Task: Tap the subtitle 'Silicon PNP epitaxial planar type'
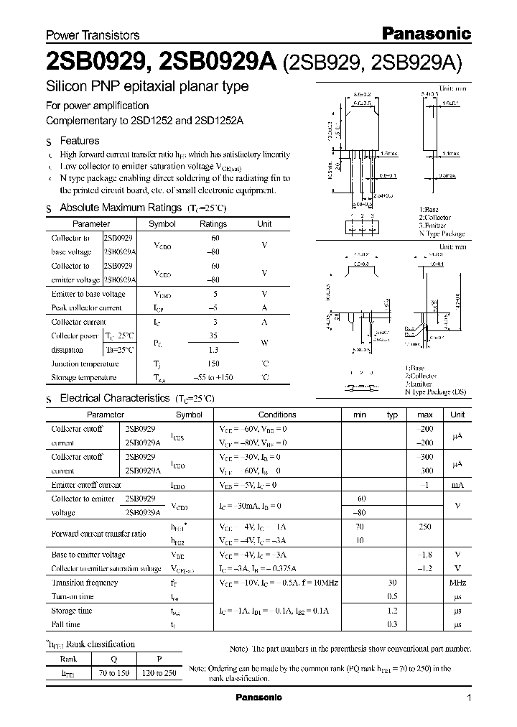tap(147, 87)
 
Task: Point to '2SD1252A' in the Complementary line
tap(219, 121)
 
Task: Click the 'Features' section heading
tap(79, 141)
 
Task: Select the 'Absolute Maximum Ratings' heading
tap(120, 208)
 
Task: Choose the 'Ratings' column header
tap(213, 224)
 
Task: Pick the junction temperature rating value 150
tap(213, 364)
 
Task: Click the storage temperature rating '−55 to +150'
tap(213, 378)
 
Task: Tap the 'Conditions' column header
tap(277, 415)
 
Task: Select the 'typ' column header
tap(392, 415)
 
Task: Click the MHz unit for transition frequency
tap(457, 583)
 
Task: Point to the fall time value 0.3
tap(392, 624)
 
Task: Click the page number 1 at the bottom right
tap(469, 698)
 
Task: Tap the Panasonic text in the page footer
tap(258, 698)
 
